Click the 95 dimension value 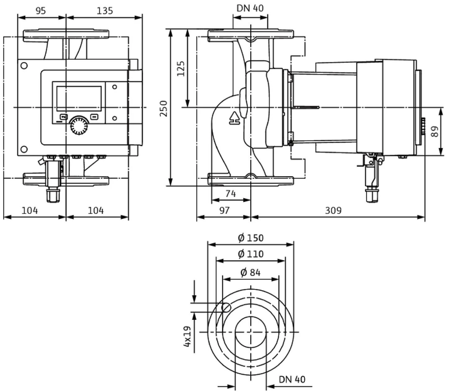pyautogui.click(x=41, y=11)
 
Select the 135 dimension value pyautogui.click(x=105, y=11)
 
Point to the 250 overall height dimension pyautogui.click(x=163, y=108)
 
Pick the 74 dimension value pyautogui.click(x=230, y=194)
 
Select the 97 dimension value pyautogui.click(x=224, y=211)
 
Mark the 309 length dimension pyautogui.click(x=333, y=211)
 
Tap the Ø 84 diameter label pyautogui.click(x=251, y=273)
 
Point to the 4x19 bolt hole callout pyautogui.click(x=187, y=336)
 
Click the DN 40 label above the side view pyautogui.click(x=250, y=8)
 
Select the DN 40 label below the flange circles pyautogui.click(x=292, y=379)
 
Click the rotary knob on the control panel pyautogui.click(x=79, y=126)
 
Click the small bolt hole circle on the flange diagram pyautogui.click(x=226, y=307)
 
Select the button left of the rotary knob pyautogui.click(x=64, y=117)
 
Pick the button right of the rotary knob pyautogui.click(x=94, y=117)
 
